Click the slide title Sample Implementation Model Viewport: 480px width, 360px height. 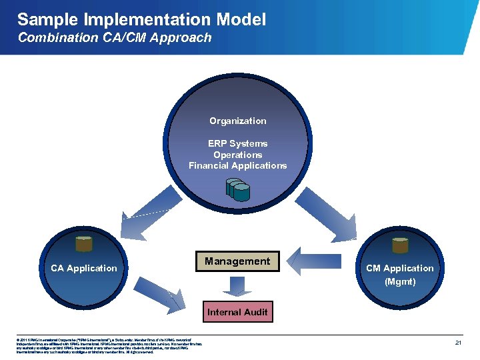pyautogui.click(x=141, y=19)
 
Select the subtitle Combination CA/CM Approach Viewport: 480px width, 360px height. pyautogui.click(x=114, y=38)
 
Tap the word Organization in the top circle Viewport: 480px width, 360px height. pyautogui.click(x=237, y=121)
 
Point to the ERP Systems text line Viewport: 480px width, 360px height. pyautogui.click(x=237, y=143)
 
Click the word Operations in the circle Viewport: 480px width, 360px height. pyautogui.click(x=237, y=155)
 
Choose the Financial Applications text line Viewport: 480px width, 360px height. pyautogui.click(x=237, y=165)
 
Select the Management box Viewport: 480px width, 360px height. pyautogui.click(x=237, y=261)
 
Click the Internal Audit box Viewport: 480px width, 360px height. pyautogui.click(x=237, y=311)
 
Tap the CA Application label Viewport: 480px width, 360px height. pyautogui.click(x=84, y=268)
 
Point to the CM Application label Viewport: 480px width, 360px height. pyautogui.click(x=400, y=268)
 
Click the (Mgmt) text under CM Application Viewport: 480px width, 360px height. pyautogui.click(x=400, y=281)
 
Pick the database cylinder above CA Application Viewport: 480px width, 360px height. pyautogui.click(x=84, y=245)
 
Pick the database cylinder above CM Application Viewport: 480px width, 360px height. pyautogui.click(x=400, y=245)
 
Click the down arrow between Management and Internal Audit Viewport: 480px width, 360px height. pyautogui.click(x=237, y=287)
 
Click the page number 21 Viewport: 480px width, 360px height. pyautogui.click(x=458, y=343)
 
